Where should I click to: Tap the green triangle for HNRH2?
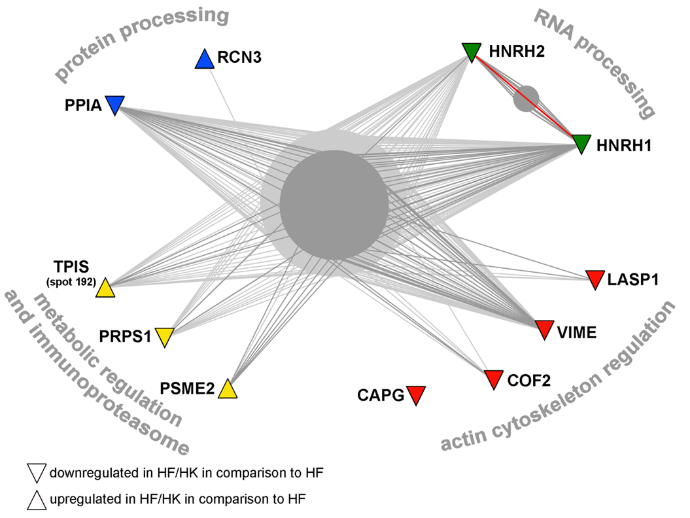(x=471, y=51)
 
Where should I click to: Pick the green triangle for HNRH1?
(x=581, y=143)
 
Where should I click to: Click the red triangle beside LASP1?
(x=594, y=279)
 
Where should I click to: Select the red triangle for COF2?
(x=494, y=379)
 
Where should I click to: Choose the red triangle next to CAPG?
(x=415, y=395)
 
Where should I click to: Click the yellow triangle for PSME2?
(x=227, y=389)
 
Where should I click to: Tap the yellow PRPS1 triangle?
(x=164, y=337)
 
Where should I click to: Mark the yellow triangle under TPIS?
(x=105, y=290)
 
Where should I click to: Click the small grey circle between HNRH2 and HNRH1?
(x=526, y=99)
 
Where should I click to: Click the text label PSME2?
(x=188, y=389)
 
